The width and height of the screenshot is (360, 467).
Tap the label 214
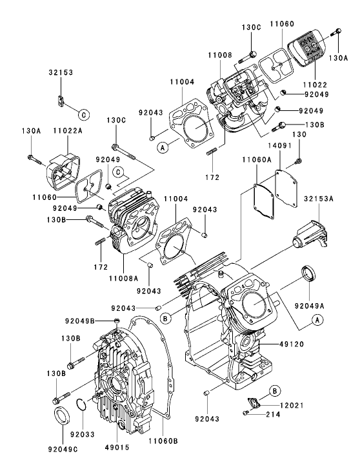(x=273, y=414)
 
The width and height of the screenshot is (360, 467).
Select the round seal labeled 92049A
(x=308, y=273)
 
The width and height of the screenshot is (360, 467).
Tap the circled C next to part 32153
(x=84, y=114)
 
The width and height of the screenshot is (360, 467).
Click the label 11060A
(x=257, y=159)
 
